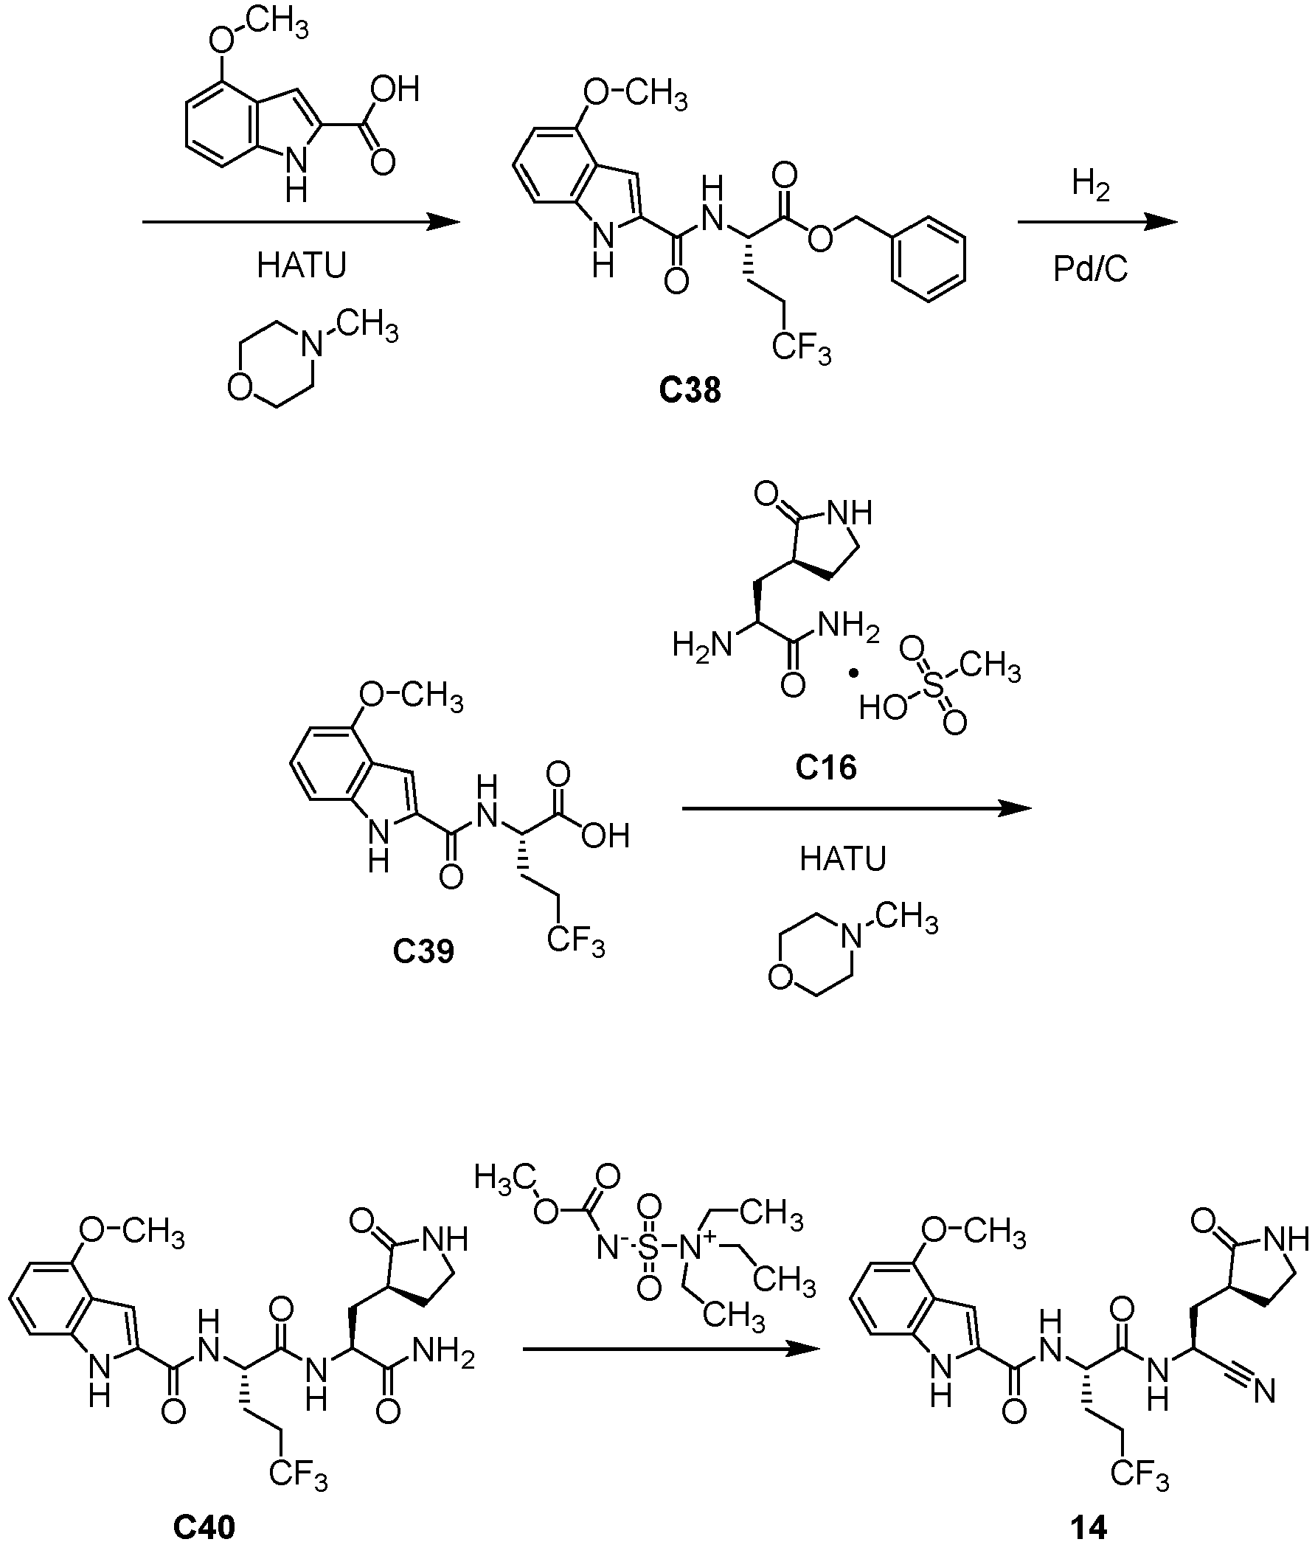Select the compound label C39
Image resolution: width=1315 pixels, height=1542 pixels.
(x=423, y=951)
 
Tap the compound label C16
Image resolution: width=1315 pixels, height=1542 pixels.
(x=825, y=767)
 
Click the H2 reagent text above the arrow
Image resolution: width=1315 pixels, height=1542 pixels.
(x=1091, y=186)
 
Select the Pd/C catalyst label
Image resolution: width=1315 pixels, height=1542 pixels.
(x=1091, y=268)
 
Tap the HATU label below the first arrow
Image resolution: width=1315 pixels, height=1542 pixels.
(x=302, y=265)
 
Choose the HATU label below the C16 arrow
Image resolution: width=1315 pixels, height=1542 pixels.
(x=842, y=860)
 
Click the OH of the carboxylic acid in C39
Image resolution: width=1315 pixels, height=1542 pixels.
(x=606, y=836)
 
